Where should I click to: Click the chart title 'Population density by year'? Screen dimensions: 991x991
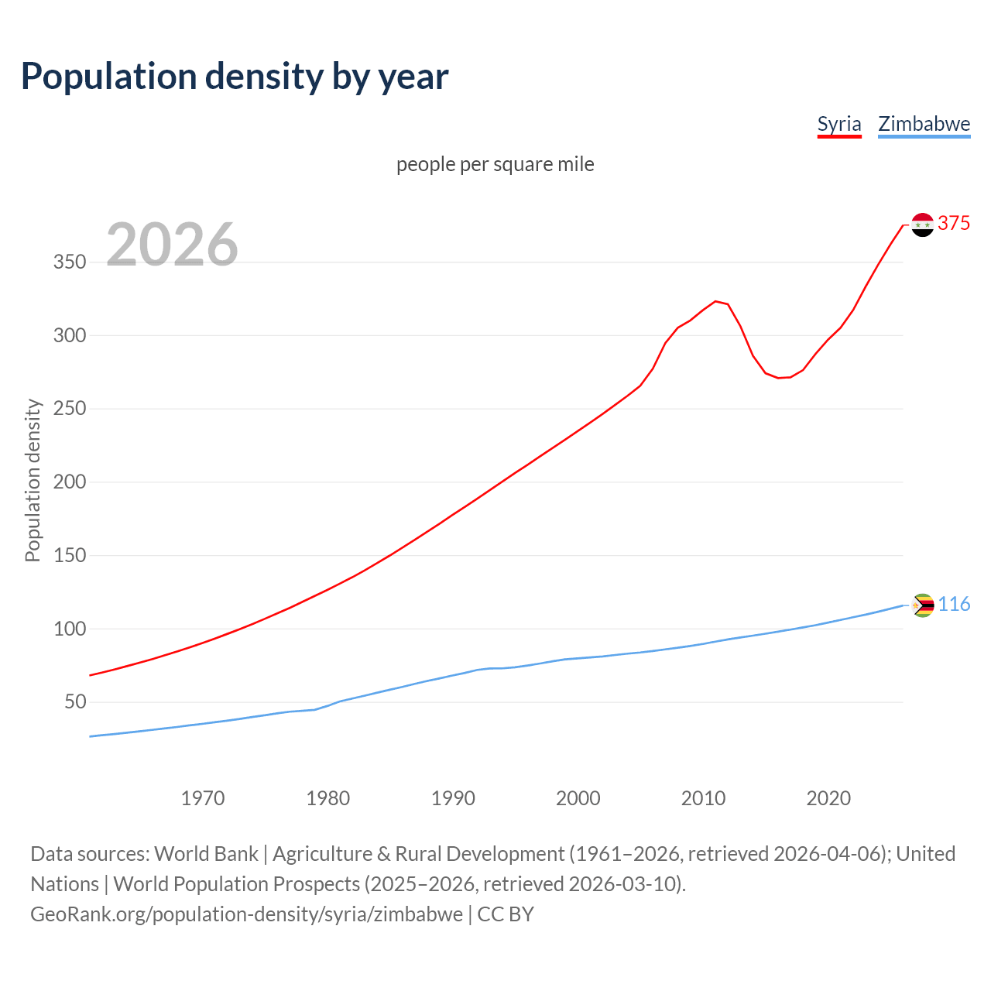(235, 76)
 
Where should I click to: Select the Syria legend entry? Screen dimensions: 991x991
(839, 124)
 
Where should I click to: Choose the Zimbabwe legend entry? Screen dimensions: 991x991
(924, 124)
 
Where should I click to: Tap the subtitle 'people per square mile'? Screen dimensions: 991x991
(495, 164)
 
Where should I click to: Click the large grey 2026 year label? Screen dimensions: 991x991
(172, 244)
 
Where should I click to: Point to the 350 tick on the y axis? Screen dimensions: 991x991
(69, 262)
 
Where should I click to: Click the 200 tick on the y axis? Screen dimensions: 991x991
(69, 482)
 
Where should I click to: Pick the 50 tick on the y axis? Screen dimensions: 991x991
(74, 702)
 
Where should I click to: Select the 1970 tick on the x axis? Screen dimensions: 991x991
(203, 798)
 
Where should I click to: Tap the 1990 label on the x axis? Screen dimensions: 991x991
(453, 798)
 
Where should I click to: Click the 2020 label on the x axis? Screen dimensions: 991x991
(828, 798)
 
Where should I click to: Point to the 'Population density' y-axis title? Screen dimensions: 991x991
(33, 480)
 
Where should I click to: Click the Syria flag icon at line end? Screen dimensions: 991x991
(922, 225)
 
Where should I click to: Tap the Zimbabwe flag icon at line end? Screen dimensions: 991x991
(922, 605)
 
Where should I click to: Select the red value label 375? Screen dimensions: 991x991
(954, 224)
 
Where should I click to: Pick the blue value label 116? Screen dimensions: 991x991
(954, 605)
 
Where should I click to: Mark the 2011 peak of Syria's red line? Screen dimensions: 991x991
(715, 301)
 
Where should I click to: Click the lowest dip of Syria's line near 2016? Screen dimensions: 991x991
(778, 378)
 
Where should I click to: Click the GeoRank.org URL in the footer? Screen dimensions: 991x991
(246, 914)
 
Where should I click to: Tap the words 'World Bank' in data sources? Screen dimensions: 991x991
(206, 854)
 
